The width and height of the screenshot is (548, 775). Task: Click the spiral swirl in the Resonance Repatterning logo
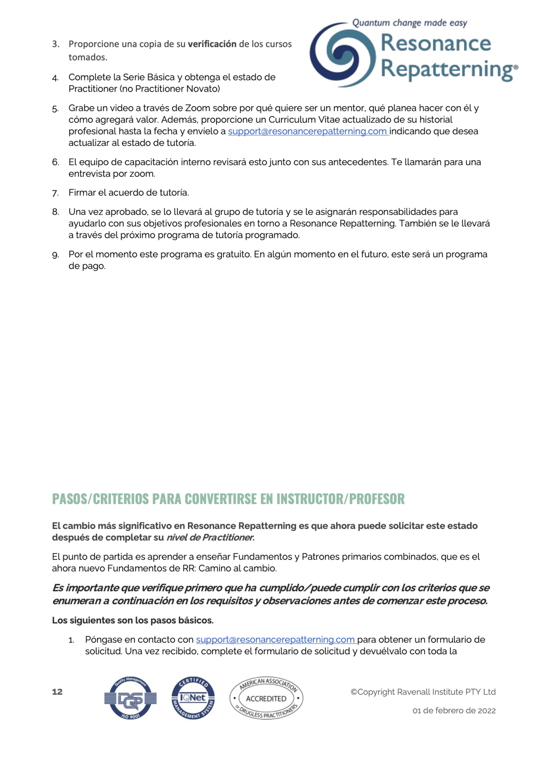point(342,54)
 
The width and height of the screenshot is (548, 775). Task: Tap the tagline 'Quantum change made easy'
point(409,23)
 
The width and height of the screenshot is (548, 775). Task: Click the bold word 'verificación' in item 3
point(212,44)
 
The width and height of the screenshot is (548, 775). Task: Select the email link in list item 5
point(307,131)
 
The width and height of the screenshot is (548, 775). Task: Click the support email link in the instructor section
point(275,640)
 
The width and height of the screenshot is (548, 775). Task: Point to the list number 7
point(56,193)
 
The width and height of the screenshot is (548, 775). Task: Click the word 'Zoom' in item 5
point(197,108)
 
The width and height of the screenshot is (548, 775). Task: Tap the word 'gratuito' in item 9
point(233,254)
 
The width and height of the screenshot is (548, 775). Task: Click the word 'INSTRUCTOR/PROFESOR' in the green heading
point(340,499)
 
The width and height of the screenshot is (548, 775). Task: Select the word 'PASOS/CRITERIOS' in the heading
point(101,499)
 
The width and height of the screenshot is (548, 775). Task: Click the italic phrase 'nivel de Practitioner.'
point(210,538)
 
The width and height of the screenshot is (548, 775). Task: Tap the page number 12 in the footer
point(57,692)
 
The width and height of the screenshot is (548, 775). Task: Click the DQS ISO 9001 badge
point(130,698)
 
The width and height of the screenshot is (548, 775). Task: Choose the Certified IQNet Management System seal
point(193,698)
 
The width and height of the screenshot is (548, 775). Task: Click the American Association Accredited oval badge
point(266,698)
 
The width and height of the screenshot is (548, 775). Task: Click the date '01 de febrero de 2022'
point(454,711)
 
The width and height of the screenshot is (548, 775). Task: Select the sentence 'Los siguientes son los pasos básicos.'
point(133,620)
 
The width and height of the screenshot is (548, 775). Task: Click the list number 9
point(56,255)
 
